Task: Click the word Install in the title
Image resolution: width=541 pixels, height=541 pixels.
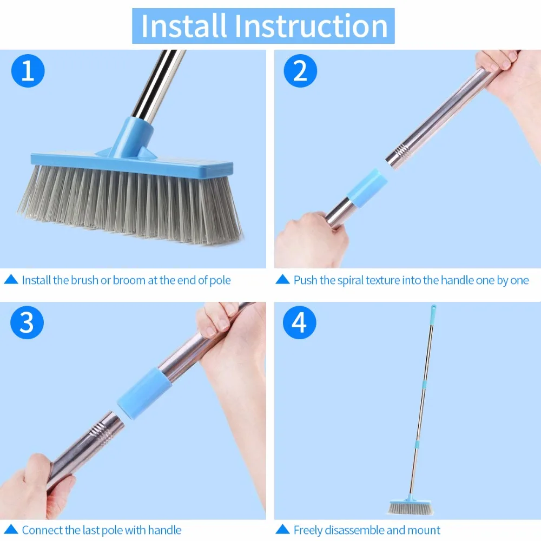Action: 183,25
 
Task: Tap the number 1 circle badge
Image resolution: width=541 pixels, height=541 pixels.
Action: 28,71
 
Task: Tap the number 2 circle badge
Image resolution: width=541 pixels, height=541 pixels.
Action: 300,71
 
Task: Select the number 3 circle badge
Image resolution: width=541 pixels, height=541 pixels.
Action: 27,323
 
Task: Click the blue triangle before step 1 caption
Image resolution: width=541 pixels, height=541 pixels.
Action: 11,280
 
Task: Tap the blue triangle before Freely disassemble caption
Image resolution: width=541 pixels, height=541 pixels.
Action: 282,530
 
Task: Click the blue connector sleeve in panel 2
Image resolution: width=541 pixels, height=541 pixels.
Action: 365,187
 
